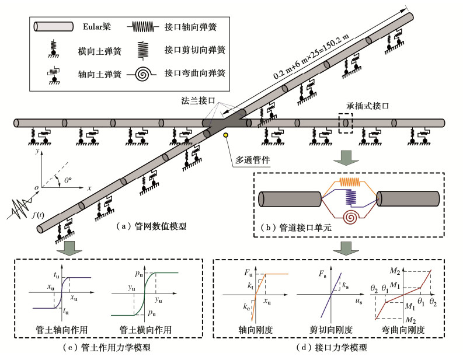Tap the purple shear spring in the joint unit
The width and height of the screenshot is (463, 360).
(349, 200)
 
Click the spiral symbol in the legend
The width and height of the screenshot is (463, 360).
(144, 74)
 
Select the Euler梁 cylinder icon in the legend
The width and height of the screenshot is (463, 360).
(54, 27)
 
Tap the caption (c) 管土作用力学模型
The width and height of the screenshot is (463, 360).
(114, 348)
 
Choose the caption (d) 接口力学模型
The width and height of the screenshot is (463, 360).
(338, 348)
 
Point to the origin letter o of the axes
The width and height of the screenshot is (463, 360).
(36, 187)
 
